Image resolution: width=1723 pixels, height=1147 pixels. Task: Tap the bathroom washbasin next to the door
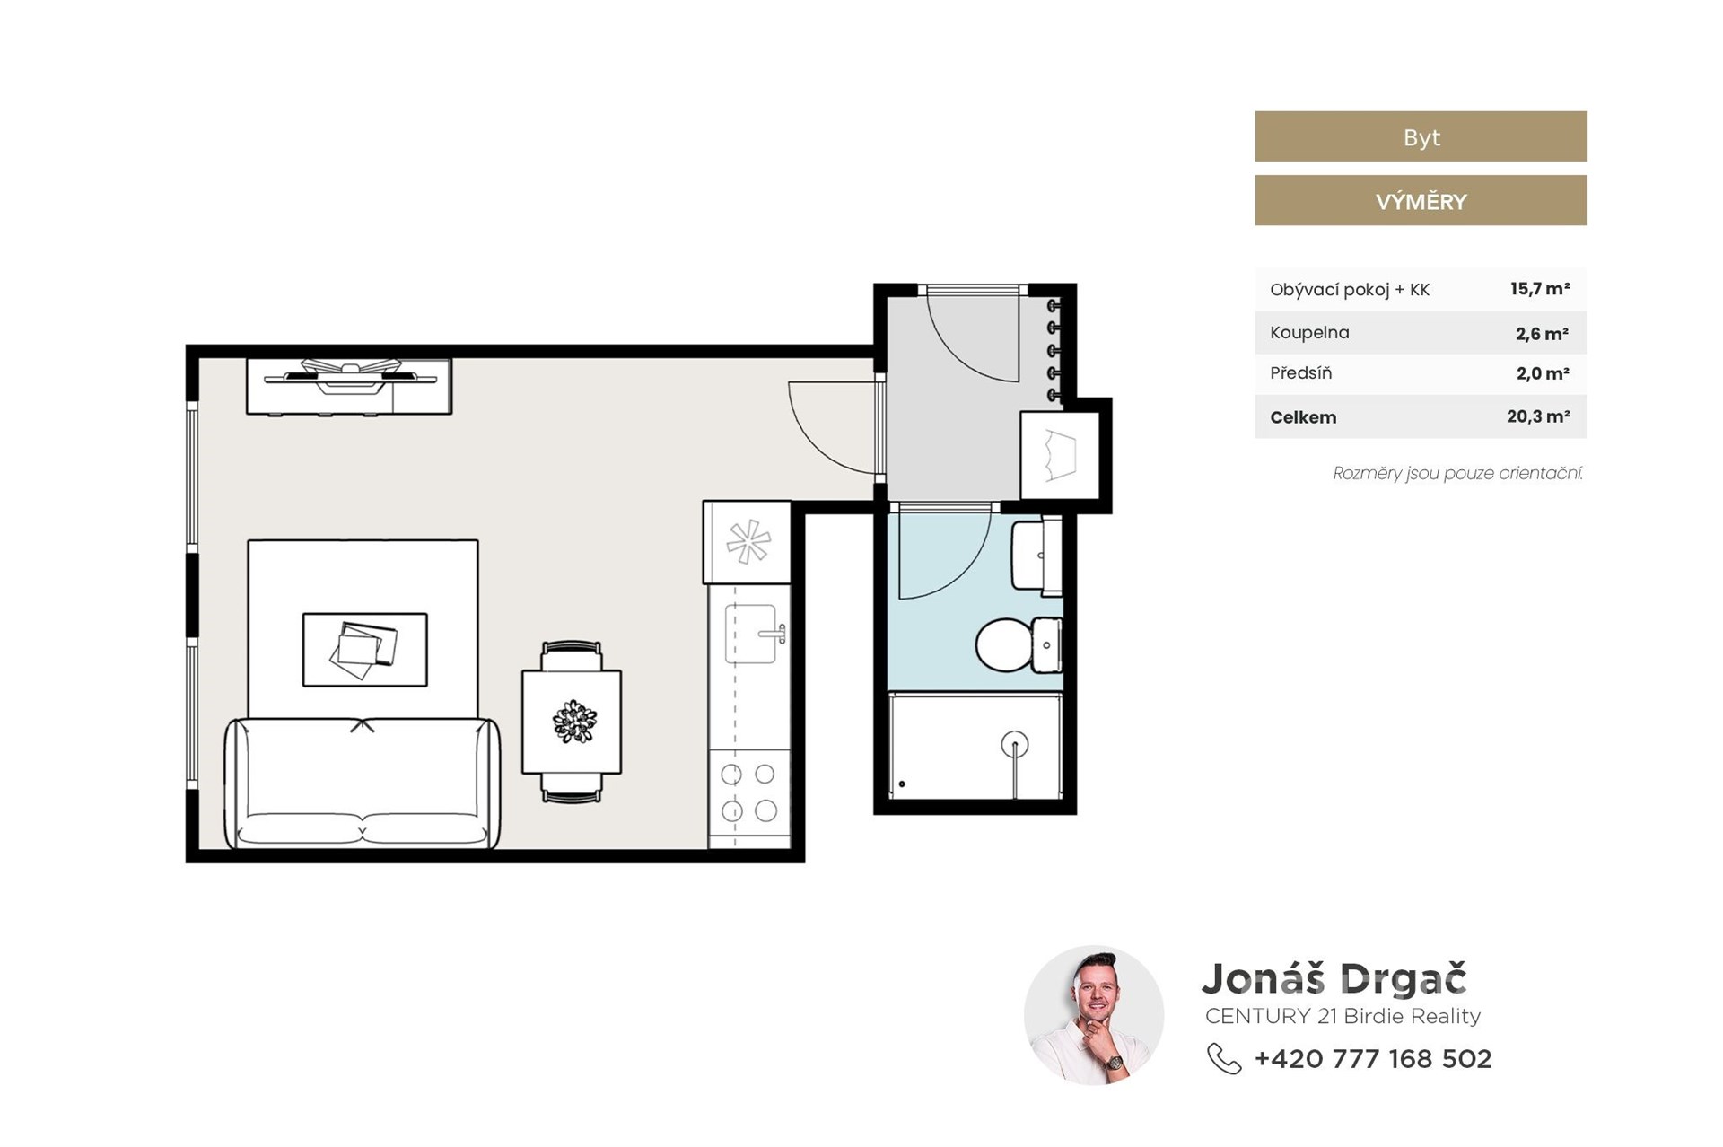click(x=1036, y=556)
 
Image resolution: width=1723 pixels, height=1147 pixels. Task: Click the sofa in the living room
click(x=362, y=783)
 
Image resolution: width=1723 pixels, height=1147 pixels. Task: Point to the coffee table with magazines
click(x=364, y=650)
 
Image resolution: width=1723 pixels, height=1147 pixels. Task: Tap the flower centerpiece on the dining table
click(x=574, y=722)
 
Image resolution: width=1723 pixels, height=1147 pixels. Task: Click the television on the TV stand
click(x=350, y=375)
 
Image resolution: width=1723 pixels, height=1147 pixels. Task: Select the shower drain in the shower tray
click(x=1014, y=744)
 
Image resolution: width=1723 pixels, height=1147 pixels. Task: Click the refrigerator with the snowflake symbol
click(x=748, y=542)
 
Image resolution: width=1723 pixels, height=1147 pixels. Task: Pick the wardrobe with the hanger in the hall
click(x=1061, y=455)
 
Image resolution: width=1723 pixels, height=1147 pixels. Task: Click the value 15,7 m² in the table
click(x=1539, y=289)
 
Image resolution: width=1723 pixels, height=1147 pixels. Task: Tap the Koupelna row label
click(x=1309, y=332)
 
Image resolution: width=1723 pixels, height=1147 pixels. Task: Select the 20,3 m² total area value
click(x=1538, y=416)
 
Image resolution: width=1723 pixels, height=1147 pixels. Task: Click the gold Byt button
click(x=1421, y=136)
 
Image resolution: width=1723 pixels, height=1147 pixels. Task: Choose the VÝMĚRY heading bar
click(x=1421, y=200)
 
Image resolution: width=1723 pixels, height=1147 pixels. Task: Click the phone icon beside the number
click(x=1224, y=1059)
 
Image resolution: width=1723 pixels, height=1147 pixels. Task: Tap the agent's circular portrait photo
click(x=1094, y=1015)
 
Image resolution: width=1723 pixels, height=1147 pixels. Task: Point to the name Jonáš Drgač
click(x=1334, y=978)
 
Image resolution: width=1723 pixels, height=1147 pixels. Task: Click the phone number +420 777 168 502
click(x=1373, y=1059)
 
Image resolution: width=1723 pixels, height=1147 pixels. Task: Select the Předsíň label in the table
click(x=1300, y=372)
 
